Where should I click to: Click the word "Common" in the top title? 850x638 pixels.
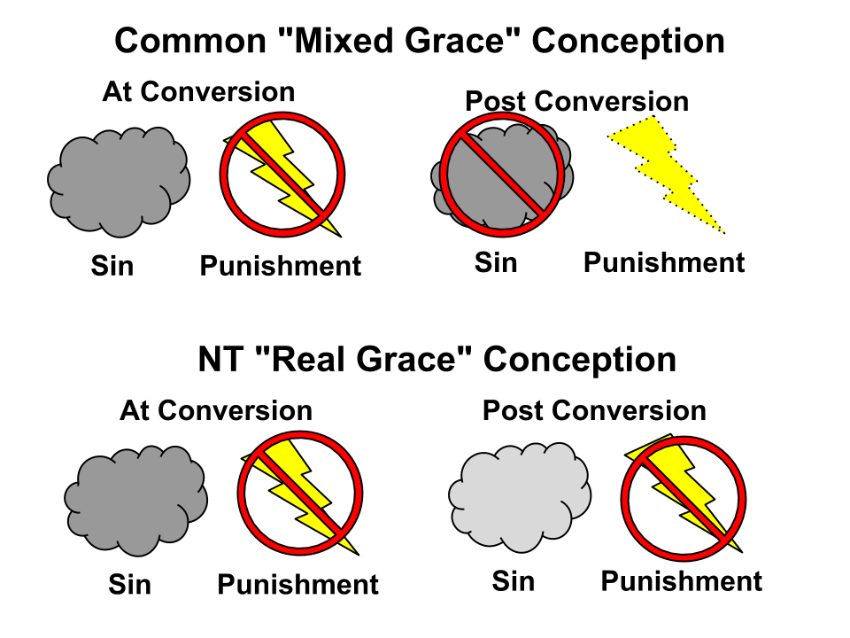tap(190, 41)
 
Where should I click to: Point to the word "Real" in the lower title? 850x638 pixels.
tap(305, 359)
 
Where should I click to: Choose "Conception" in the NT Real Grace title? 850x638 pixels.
tap(579, 361)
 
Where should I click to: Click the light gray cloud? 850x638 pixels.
tap(520, 497)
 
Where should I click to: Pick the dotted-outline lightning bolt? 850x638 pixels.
tap(666, 175)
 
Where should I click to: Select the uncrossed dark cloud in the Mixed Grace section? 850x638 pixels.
tap(119, 183)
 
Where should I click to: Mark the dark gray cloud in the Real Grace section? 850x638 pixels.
tap(136, 501)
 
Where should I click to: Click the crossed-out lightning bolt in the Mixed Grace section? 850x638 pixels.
tap(282, 177)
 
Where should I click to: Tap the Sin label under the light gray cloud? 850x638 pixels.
tap(513, 581)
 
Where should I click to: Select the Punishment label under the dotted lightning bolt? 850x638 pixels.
tap(664, 262)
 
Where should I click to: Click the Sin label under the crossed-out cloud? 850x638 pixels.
tap(496, 262)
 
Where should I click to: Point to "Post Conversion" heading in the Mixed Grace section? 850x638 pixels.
tap(576, 101)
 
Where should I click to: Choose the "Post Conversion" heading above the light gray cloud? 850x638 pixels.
tap(594, 410)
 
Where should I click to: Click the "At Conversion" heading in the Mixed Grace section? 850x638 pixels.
tap(198, 91)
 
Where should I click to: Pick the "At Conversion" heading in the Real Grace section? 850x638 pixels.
tap(216, 410)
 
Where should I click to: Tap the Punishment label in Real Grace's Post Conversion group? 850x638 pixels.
tap(682, 581)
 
